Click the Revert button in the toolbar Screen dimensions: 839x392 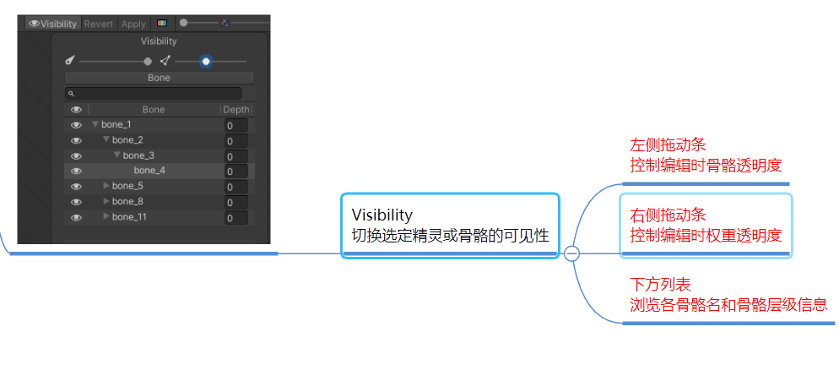[x=99, y=24]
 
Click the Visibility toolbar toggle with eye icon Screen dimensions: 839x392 [x=53, y=24]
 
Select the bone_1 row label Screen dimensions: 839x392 [x=116, y=125]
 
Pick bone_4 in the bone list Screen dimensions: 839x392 [x=149, y=171]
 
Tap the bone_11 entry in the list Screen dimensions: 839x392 [x=130, y=217]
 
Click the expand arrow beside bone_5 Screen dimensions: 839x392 [x=106, y=186]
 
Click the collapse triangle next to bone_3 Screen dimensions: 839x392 [x=117, y=155]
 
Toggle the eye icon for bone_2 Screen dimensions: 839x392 [x=76, y=140]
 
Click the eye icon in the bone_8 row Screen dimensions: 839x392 [x=76, y=202]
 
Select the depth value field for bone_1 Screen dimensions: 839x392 [x=235, y=126]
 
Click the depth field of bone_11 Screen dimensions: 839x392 [x=235, y=218]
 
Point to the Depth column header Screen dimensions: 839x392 [x=235, y=110]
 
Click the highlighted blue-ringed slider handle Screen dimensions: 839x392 [x=206, y=61]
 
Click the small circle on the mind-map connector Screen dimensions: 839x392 [x=571, y=253]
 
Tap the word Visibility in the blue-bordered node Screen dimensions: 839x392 [x=382, y=215]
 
